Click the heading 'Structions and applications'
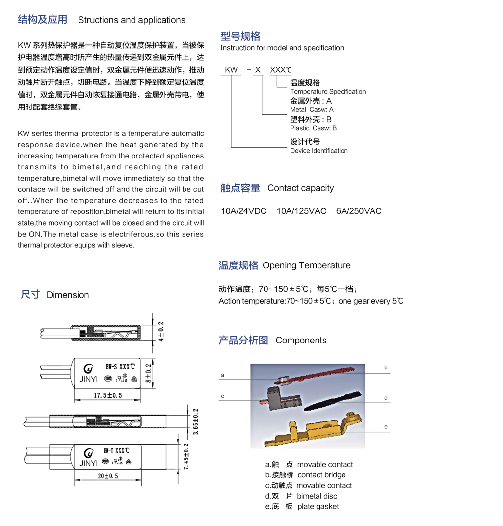click(132, 20)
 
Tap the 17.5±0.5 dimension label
click(107, 395)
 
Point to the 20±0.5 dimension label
click(107, 475)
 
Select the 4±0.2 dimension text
click(160, 332)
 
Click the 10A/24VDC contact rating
click(243, 211)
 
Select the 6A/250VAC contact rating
click(359, 211)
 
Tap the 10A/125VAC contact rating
click(301, 211)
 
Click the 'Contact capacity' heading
click(300, 188)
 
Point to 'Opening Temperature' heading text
click(307, 265)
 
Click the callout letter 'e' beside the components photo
click(386, 427)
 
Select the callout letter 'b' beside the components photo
click(386, 368)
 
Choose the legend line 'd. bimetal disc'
click(301, 496)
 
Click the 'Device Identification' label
click(319, 151)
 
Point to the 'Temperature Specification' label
click(328, 92)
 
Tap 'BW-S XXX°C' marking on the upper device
click(120, 366)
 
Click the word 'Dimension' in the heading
click(68, 295)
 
